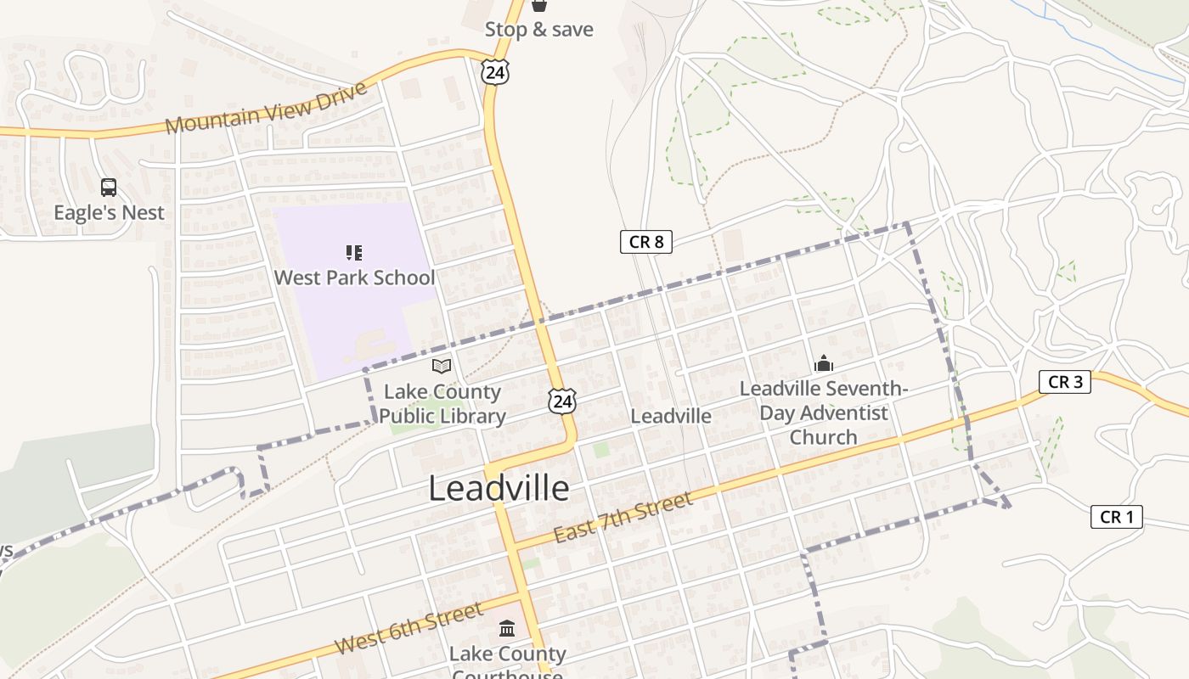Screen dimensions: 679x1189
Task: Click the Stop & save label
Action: click(538, 30)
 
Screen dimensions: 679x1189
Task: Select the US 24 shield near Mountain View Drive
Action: click(494, 72)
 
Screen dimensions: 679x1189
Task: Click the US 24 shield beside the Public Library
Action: click(561, 401)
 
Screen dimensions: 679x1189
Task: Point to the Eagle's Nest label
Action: click(109, 212)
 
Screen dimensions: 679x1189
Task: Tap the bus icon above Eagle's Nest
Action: click(109, 188)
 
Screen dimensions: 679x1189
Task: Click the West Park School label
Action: click(354, 278)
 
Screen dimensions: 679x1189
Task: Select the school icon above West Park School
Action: click(354, 252)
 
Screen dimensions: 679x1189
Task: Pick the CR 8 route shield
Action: click(645, 242)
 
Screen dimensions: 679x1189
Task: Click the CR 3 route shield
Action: click(1065, 382)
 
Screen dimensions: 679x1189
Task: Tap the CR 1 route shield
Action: click(1117, 516)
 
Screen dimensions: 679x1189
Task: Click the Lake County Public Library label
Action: click(442, 404)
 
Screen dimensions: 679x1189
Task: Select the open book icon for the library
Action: click(442, 366)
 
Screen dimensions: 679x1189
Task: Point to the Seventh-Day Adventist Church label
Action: click(824, 412)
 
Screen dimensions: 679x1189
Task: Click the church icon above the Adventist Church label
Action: click(824, 364)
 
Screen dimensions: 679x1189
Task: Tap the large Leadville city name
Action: click(499, 488)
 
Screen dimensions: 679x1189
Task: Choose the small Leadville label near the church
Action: click(671, 416)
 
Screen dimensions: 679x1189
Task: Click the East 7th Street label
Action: click(623, 519)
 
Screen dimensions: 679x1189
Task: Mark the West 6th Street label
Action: click(409, 627)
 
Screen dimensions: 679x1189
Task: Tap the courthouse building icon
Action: click(507, 628)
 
